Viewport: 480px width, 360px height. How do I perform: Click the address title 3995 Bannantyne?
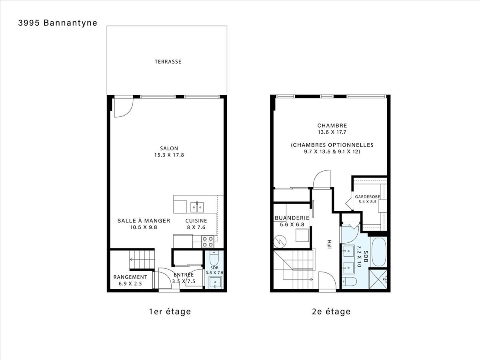pyautogui.click(x=58, y=23)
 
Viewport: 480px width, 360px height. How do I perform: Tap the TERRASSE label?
pyautogui.click(x=168, y=62)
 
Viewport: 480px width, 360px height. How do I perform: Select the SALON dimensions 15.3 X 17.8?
pyautogui.click(x=169, y=155)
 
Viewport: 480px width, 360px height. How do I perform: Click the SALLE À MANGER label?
pyautogui.click(x=144, y=221)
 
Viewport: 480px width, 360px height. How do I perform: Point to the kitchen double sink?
pyautogui.click(x=197, y=207)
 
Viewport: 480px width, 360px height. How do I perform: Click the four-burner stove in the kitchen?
pyautogui.click(x=208, y=242)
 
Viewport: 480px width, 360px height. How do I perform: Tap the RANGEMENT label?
pyautogui.click(x=130, y=277)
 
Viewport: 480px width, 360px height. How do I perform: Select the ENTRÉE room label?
pyautogui.click(x=184, y=275)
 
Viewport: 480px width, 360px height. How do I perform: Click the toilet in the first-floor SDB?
pyautogui.click(x=214, y=258)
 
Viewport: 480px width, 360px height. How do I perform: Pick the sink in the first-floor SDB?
pyautogui.click(x=215, y=282)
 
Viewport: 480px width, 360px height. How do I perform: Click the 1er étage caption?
pyautogui.click(x=170, y=312)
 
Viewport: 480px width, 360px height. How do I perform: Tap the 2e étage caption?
pyautogui.click(x=331, y=312)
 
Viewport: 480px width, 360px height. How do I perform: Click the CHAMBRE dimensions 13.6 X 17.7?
pyautogui.click(x=332, y=132)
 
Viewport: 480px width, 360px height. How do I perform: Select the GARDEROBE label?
pyautogui.click(x=367, y=197)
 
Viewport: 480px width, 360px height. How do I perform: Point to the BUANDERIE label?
pyautogui.click(x=292, y=218)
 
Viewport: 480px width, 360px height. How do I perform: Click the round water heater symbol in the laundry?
pyautogui.click(x=280, y=242)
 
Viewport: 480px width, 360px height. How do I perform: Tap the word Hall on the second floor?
pyautogui.click(x=329, y=244)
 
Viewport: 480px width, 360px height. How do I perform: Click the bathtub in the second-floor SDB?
pyautogui.click(x=379, y=252)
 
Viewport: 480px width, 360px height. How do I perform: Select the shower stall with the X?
pyautogui.click(x=378, y=279)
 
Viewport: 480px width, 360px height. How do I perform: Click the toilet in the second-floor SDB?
pyautogui.click(x=349, y=281)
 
